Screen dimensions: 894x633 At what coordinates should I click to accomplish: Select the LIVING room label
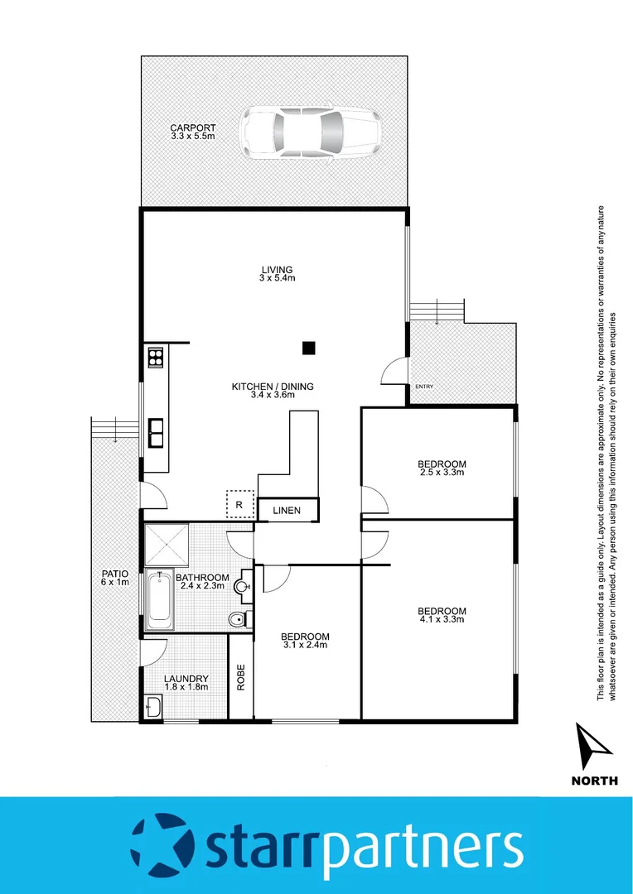coord(278,269)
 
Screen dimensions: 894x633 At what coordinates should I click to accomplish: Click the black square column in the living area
coord(308,348)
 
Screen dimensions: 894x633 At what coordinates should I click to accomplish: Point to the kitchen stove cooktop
coord(155,358)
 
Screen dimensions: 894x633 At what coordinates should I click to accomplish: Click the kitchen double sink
coord(155,432)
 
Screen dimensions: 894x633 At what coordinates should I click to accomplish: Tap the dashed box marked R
coord(239,504)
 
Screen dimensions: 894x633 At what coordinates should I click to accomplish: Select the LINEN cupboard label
coord(287,511)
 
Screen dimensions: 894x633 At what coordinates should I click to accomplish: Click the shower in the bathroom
coord(167,544)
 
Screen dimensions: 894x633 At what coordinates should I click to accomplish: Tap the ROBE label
coord(241,679)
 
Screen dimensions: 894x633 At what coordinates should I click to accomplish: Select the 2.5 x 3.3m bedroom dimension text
coord(442,472)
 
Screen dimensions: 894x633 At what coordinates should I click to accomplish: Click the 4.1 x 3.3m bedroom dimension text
coord(442,619)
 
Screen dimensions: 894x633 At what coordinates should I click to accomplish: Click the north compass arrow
coord(593,746)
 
